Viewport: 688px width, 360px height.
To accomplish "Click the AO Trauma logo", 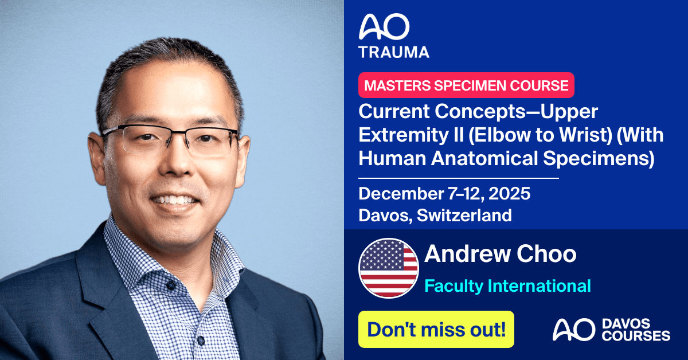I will pyautogui.click(x=393, y=36).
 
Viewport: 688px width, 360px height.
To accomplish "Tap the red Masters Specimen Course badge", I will pyautogui.click(x=466, y=85).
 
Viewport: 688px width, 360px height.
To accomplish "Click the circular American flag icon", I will pyautogui.click(x=388, y=268).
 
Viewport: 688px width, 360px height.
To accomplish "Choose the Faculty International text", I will pyautogui.click(x=507, y=285).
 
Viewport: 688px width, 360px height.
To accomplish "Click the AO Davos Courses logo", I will pyautogui.click(x=611, y=330).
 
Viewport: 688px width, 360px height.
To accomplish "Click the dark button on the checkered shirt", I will pyautogui.click(x=170, y=284).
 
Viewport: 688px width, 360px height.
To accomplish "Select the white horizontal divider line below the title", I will pyautogui.click(x=459, y=178).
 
